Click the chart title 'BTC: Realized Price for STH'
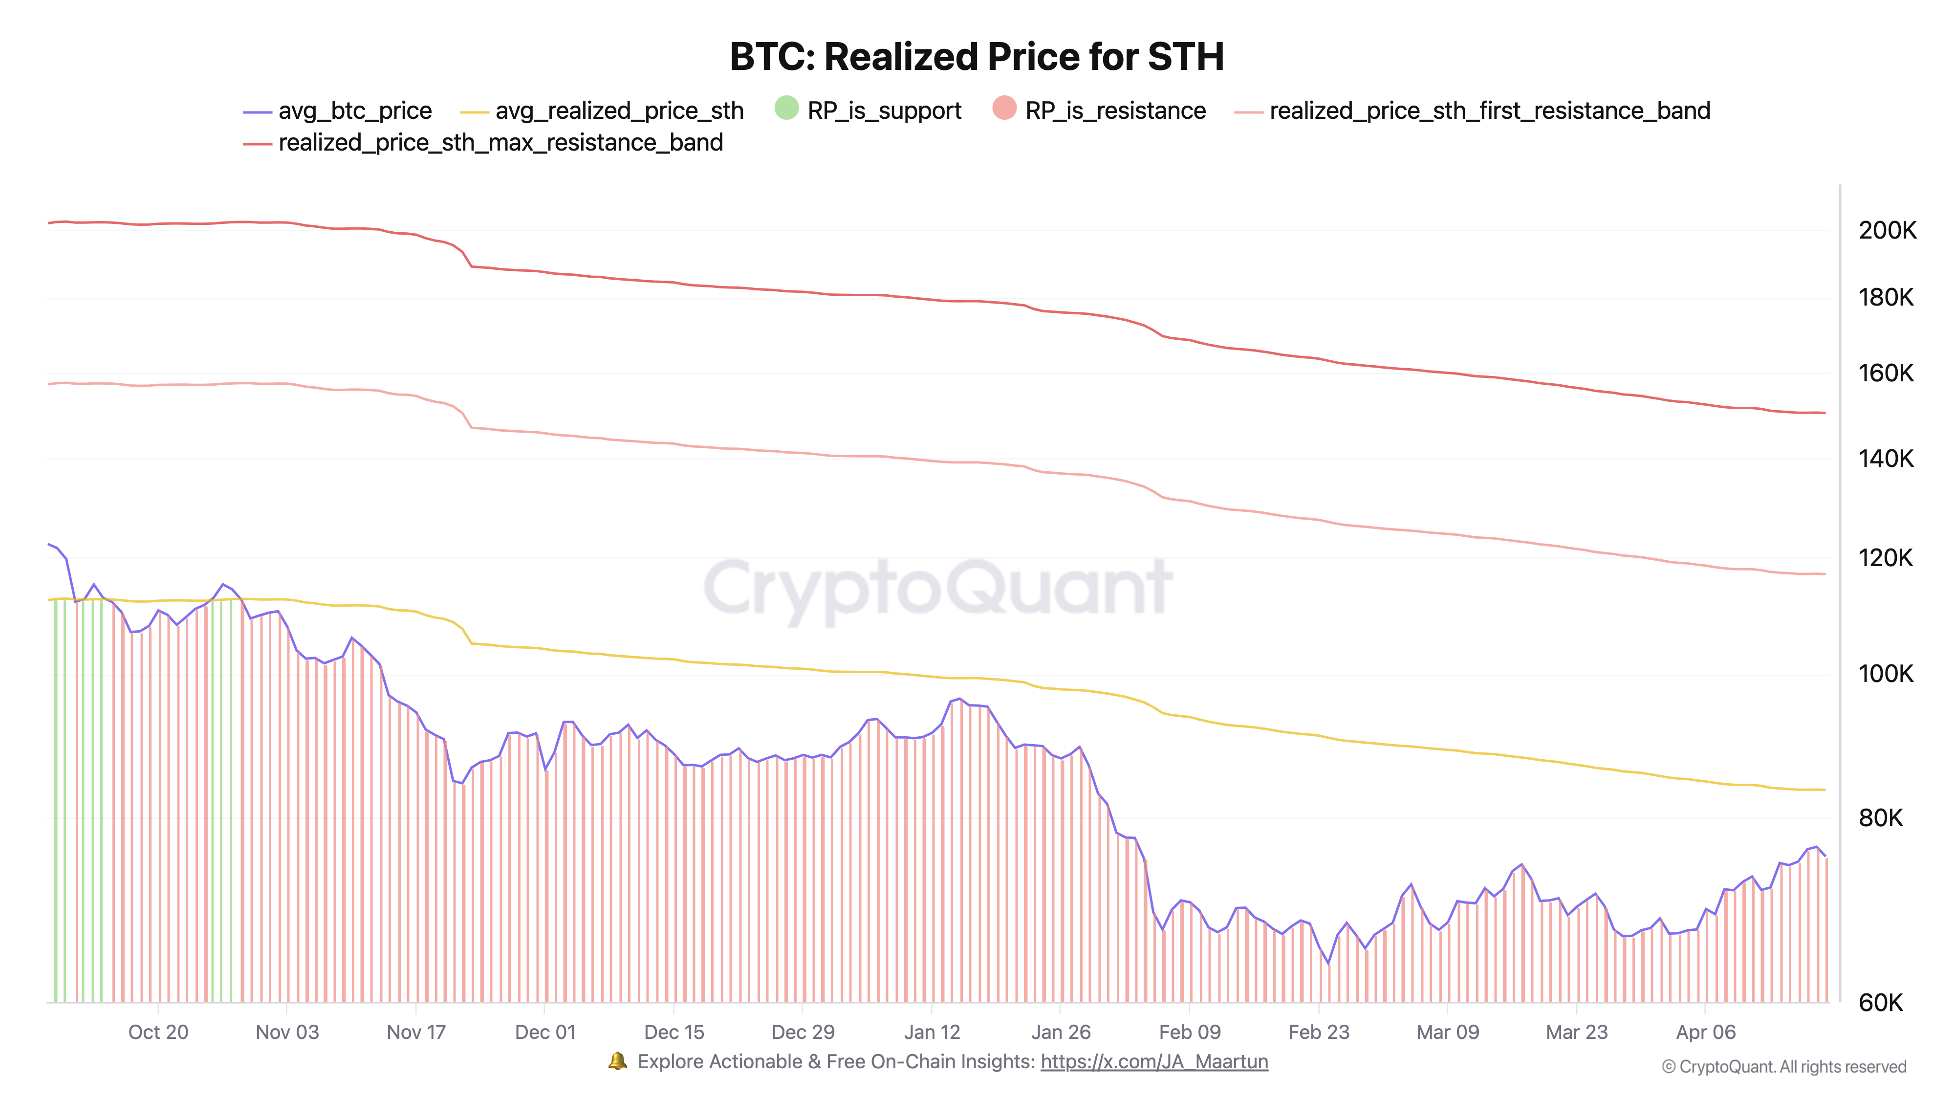tap(977, 57)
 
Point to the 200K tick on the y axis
tap(1887, 230)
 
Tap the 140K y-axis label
tap(1886, 459)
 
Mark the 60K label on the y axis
tap(1881, 1003)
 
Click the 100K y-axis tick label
tap(1886, 673)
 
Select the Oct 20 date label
tap(158, 1033)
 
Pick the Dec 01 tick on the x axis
tap(545, 1033)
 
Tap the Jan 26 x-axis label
tap(1060, 1033)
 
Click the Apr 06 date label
tap(1705, 1033)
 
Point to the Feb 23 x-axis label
tap(1318, 1033)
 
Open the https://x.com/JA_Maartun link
tap(1153, 1061)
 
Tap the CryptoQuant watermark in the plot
tap(938, 588)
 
